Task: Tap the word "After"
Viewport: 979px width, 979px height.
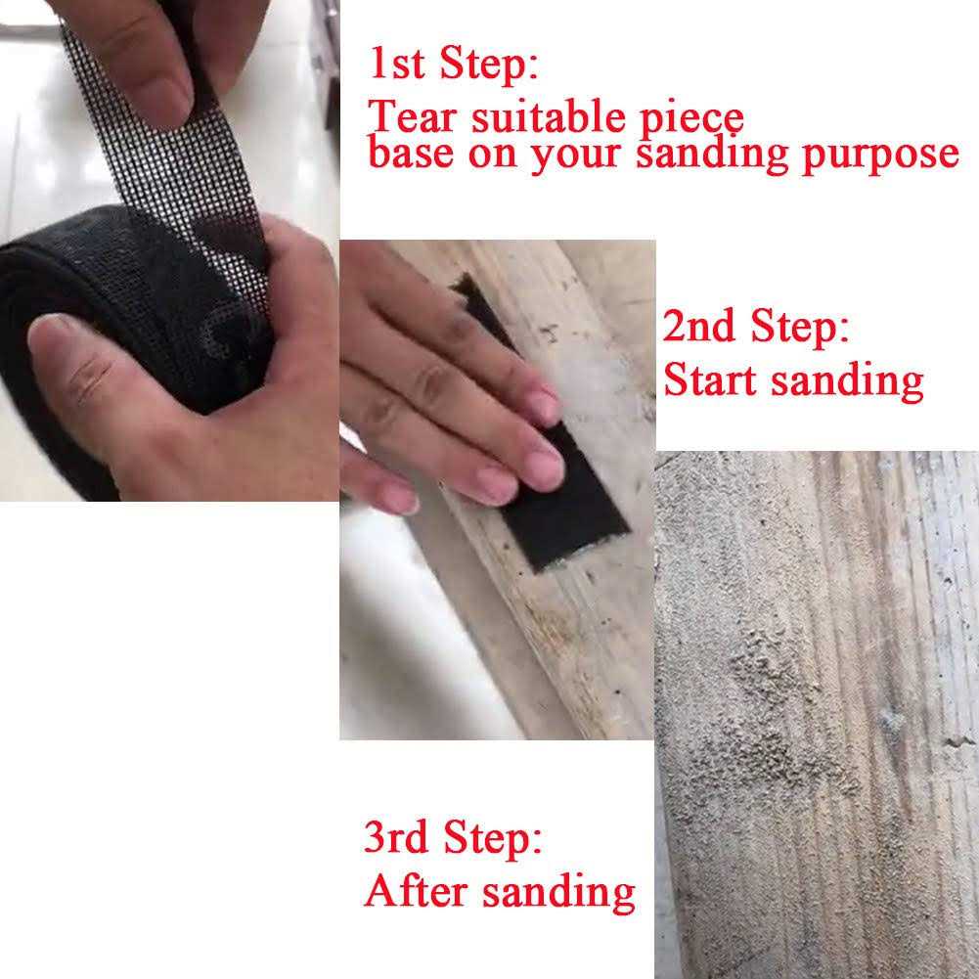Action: click(x=412, y=892)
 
